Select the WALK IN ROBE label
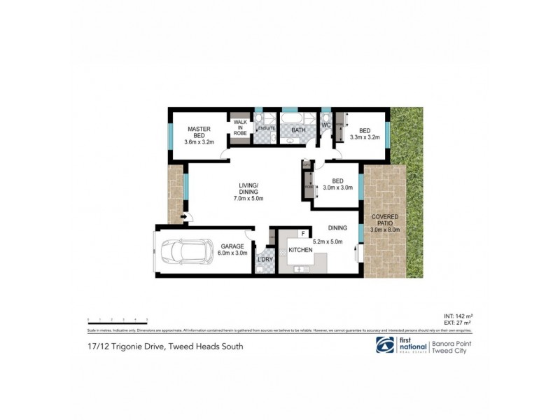(240, 128)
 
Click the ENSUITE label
(266, 129)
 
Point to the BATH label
(298, 129)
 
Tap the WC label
(325, 126)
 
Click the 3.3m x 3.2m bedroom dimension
(364, 137)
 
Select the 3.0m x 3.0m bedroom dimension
(337, 188)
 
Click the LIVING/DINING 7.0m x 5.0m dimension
(248, 199)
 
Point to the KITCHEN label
(300, 249)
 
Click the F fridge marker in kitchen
(303, 233)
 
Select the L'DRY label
(265, 260)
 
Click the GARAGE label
(232, 246)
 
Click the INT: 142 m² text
(458, 316)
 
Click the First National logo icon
(384, 346)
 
